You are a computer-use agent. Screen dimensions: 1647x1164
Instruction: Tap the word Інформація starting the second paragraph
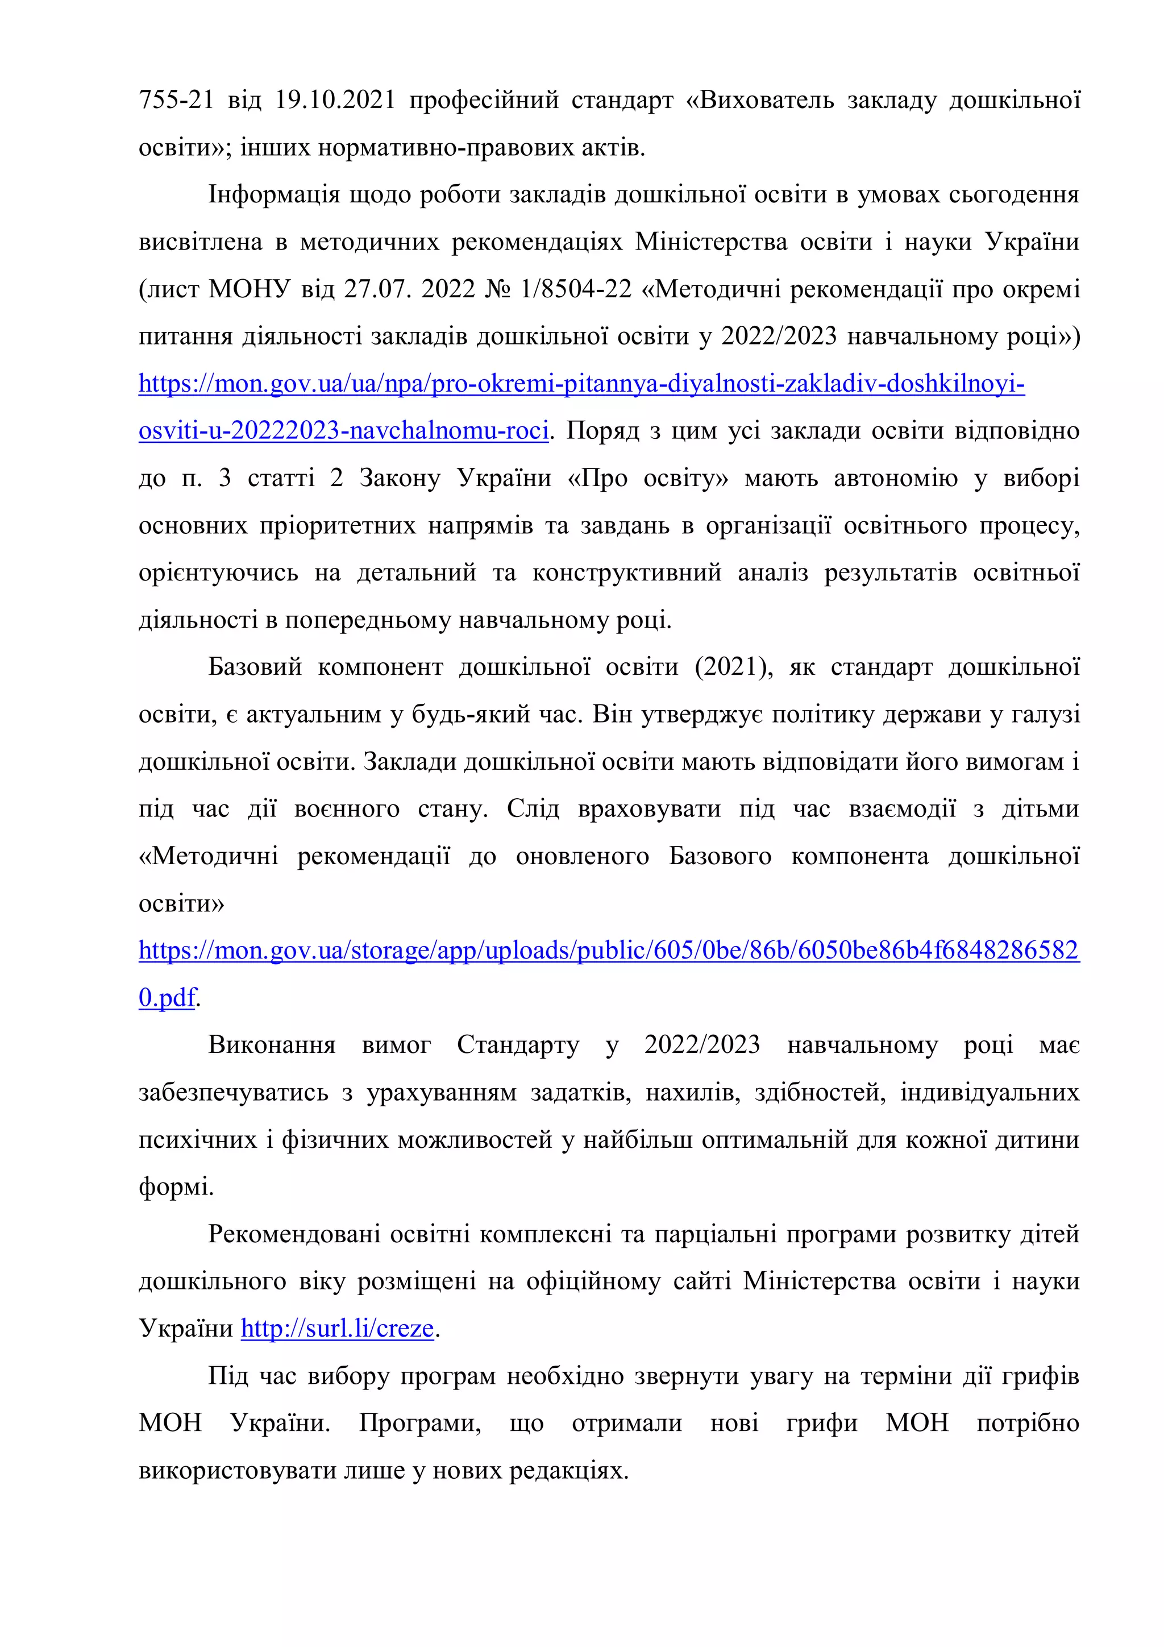[x=274, y=195]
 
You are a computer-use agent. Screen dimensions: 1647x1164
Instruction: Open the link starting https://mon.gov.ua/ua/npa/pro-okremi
[x=581, y=384]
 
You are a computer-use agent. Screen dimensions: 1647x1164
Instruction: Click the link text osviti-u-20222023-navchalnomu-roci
[x=343, y=431]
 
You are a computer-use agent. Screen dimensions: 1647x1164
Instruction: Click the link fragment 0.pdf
[x=167, y=998]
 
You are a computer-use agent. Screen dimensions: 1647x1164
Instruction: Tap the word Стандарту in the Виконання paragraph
[x=518, y=1045]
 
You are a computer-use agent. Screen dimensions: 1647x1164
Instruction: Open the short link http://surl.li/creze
[x=337, y=1329]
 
